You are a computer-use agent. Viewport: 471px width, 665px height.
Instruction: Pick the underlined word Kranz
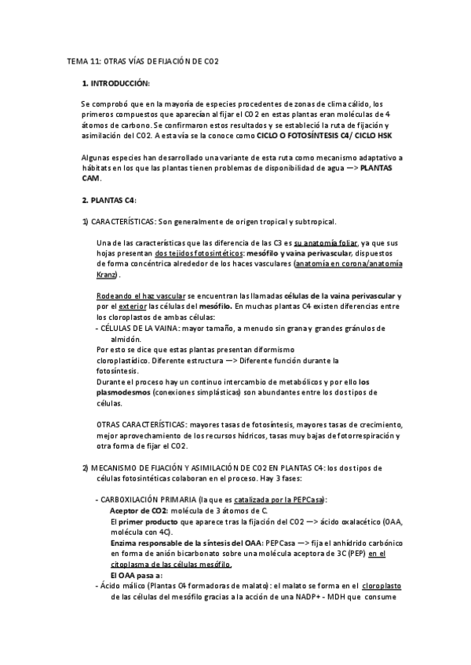[x=107, y=274]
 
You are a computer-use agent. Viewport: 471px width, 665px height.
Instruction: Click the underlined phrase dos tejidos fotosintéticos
[x=199, y=253]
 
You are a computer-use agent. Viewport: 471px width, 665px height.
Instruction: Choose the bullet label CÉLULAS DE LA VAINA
[x=139, y=328]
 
